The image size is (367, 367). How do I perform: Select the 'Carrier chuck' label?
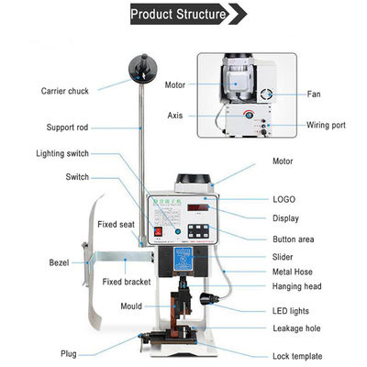tap(65, 90)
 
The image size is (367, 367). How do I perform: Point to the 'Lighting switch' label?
tap(63, 153)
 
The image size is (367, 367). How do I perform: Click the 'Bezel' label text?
tap(59, 262)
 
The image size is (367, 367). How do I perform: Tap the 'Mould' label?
tap(131, 306)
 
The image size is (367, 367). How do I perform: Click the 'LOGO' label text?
tap(284, 198)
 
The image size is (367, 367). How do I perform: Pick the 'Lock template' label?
tap(298, 355)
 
